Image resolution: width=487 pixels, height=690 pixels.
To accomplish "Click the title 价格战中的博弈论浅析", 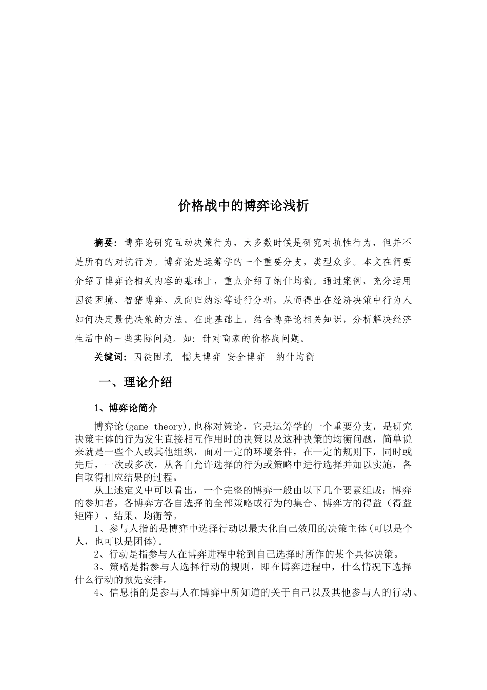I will point(243,206).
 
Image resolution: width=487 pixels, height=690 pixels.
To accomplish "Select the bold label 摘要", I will point(106,242).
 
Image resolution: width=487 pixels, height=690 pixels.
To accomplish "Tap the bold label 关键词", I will point(109,357).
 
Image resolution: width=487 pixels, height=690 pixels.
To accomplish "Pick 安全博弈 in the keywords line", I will point(246,357).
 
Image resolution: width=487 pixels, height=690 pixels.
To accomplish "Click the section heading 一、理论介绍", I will point(135,382).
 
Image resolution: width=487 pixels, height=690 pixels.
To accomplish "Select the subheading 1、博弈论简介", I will point(126,408).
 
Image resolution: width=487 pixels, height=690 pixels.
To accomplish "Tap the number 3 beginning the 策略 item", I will point(97,567).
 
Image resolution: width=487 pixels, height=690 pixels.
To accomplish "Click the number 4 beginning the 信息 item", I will point(97,593).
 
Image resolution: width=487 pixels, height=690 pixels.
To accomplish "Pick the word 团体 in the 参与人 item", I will point(146,542).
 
